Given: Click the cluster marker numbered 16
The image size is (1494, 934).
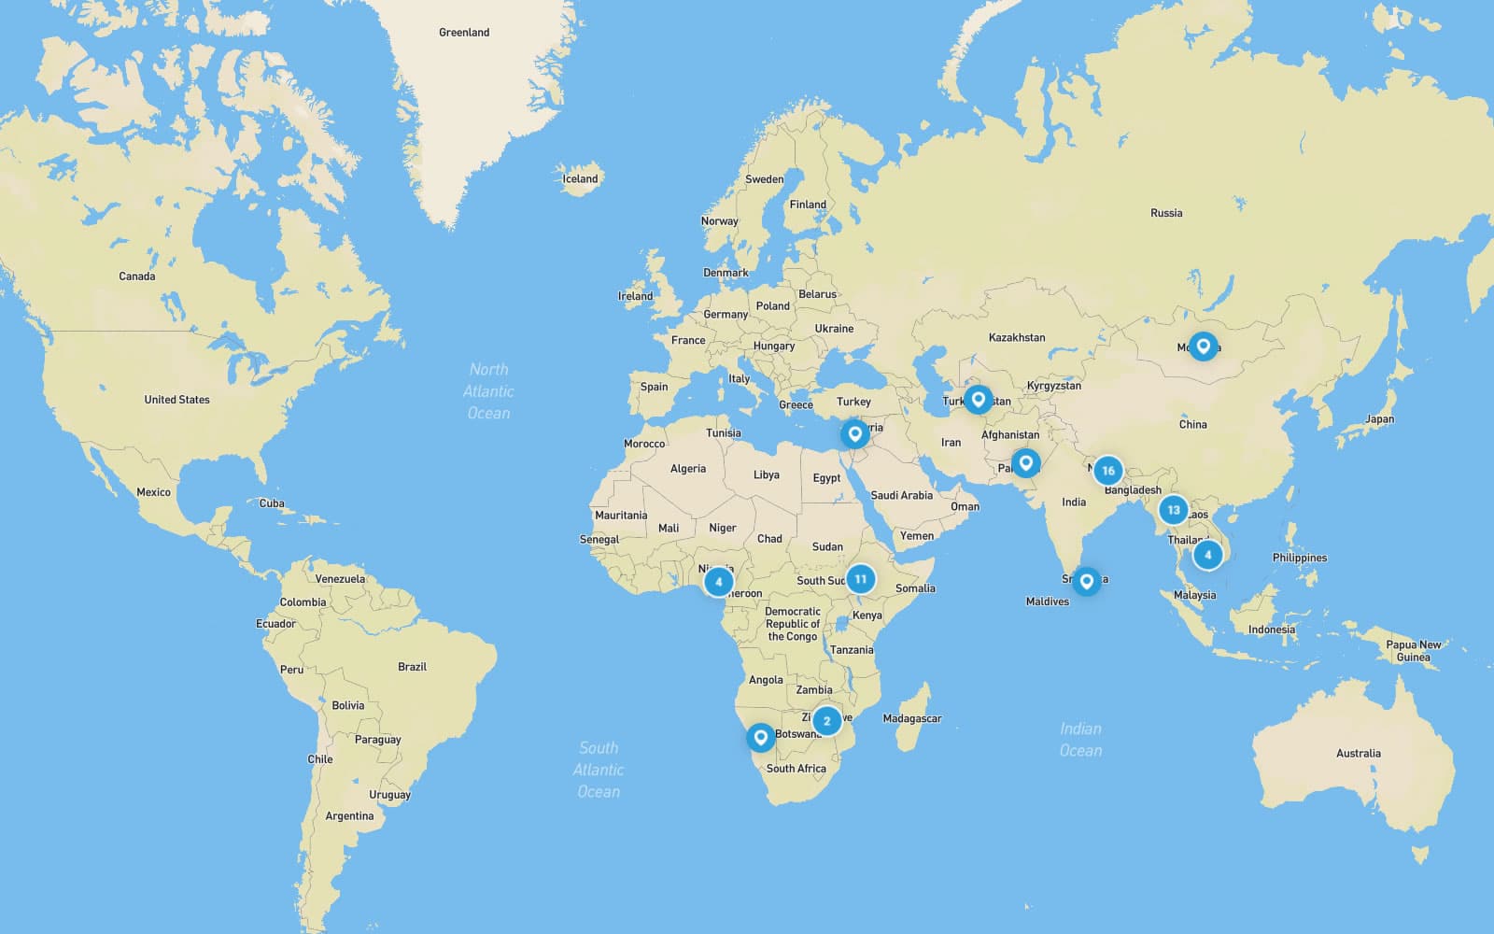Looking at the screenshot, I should point(1107,471).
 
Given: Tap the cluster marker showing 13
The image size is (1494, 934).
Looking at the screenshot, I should point(1174,510).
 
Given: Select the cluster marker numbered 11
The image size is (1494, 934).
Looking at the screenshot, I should point(860,579).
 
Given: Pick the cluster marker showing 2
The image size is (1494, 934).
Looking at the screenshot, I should point(826,721).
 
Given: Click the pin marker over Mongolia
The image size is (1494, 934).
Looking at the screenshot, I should point(1204,347).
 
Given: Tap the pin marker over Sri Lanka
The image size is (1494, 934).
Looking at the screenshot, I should point(1086,581).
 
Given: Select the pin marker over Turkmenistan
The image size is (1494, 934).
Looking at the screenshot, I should point(978,400).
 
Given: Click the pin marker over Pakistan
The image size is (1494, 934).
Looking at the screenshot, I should point(1025,462).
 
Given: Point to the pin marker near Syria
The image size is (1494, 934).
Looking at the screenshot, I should point(853,434).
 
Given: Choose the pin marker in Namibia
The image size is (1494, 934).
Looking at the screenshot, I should point(760,737).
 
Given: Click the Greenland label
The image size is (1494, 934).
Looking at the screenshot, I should point(464,33).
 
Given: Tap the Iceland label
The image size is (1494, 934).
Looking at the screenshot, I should point(580,178).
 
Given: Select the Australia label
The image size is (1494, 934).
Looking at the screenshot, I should point(1358,753).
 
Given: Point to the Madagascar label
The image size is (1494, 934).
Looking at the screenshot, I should point(911,718).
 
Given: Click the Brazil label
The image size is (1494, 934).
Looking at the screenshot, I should point(412,667).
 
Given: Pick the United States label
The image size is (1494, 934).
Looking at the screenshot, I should point(176,400).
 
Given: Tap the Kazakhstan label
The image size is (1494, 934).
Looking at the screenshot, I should point(1017,337).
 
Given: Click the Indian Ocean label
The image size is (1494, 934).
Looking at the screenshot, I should point(1080,739).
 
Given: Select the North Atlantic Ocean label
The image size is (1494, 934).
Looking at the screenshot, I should point(488,391).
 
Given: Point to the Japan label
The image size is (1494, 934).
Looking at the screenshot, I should point(1379,419).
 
